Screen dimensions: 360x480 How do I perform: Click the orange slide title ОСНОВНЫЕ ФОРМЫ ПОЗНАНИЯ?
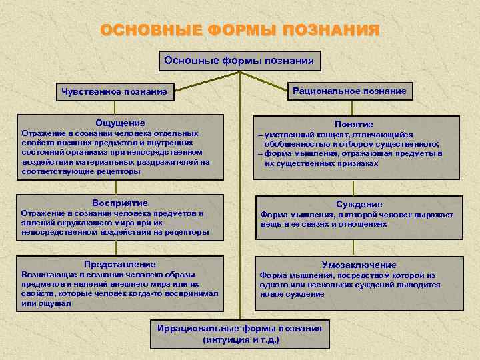[x=240, y=31]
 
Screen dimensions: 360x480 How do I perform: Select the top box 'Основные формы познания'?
[x=240, y=61]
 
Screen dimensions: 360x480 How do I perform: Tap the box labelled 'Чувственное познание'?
[x=113, y=91]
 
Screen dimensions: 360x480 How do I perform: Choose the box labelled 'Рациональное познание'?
[x=351, y=91]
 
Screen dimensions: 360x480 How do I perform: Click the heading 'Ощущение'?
[x=120, y=123]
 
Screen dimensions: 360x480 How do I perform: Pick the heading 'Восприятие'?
[x=120, y=203]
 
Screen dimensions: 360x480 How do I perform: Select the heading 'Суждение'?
[x=359, y=205]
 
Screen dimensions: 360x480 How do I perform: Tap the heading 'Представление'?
[x=120, y=264]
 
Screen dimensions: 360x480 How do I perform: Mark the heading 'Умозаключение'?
[x=359, y=265]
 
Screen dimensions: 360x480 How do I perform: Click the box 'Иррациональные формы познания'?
[x=239, y=329]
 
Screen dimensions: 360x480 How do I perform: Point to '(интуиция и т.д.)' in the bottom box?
[x=240, y=339]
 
